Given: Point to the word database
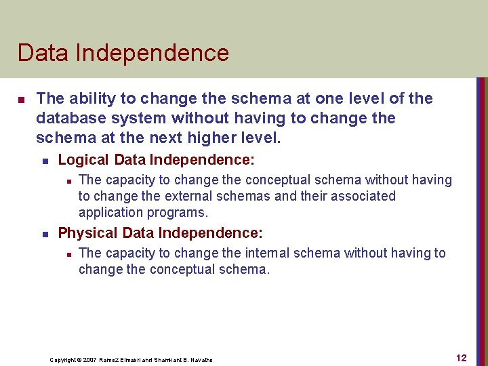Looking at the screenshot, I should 68,119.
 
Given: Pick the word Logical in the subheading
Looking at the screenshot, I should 83,160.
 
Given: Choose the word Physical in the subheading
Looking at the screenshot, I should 88,233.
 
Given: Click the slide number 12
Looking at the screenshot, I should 461,358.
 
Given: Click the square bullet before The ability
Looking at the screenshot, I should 21,100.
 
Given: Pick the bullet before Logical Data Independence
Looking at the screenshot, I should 44,161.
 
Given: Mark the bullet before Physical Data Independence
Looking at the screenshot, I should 44,234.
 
